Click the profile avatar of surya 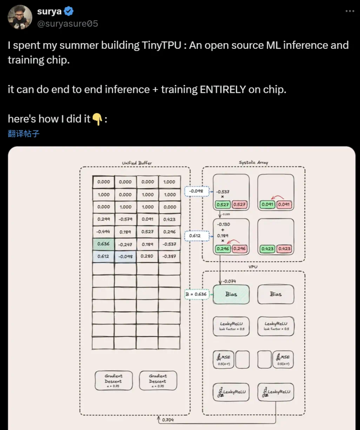[20, 18]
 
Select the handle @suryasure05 [67, 23]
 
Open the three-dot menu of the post [350, 11]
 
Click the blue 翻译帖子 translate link [23, 134]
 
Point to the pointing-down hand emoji [97, 119]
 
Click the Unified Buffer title [137, 163]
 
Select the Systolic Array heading [253, 163]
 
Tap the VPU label [253, 267]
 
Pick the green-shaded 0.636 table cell [103, 244]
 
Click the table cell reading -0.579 [125, 219]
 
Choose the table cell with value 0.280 [147, 256]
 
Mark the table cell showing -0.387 [169, 256]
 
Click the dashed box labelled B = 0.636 [196, 294]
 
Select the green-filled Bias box [231, 294]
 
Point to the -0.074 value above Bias [230, 281]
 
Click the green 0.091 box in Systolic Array [268, 204]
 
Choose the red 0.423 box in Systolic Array [284, 249]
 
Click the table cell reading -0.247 [125, 244]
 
